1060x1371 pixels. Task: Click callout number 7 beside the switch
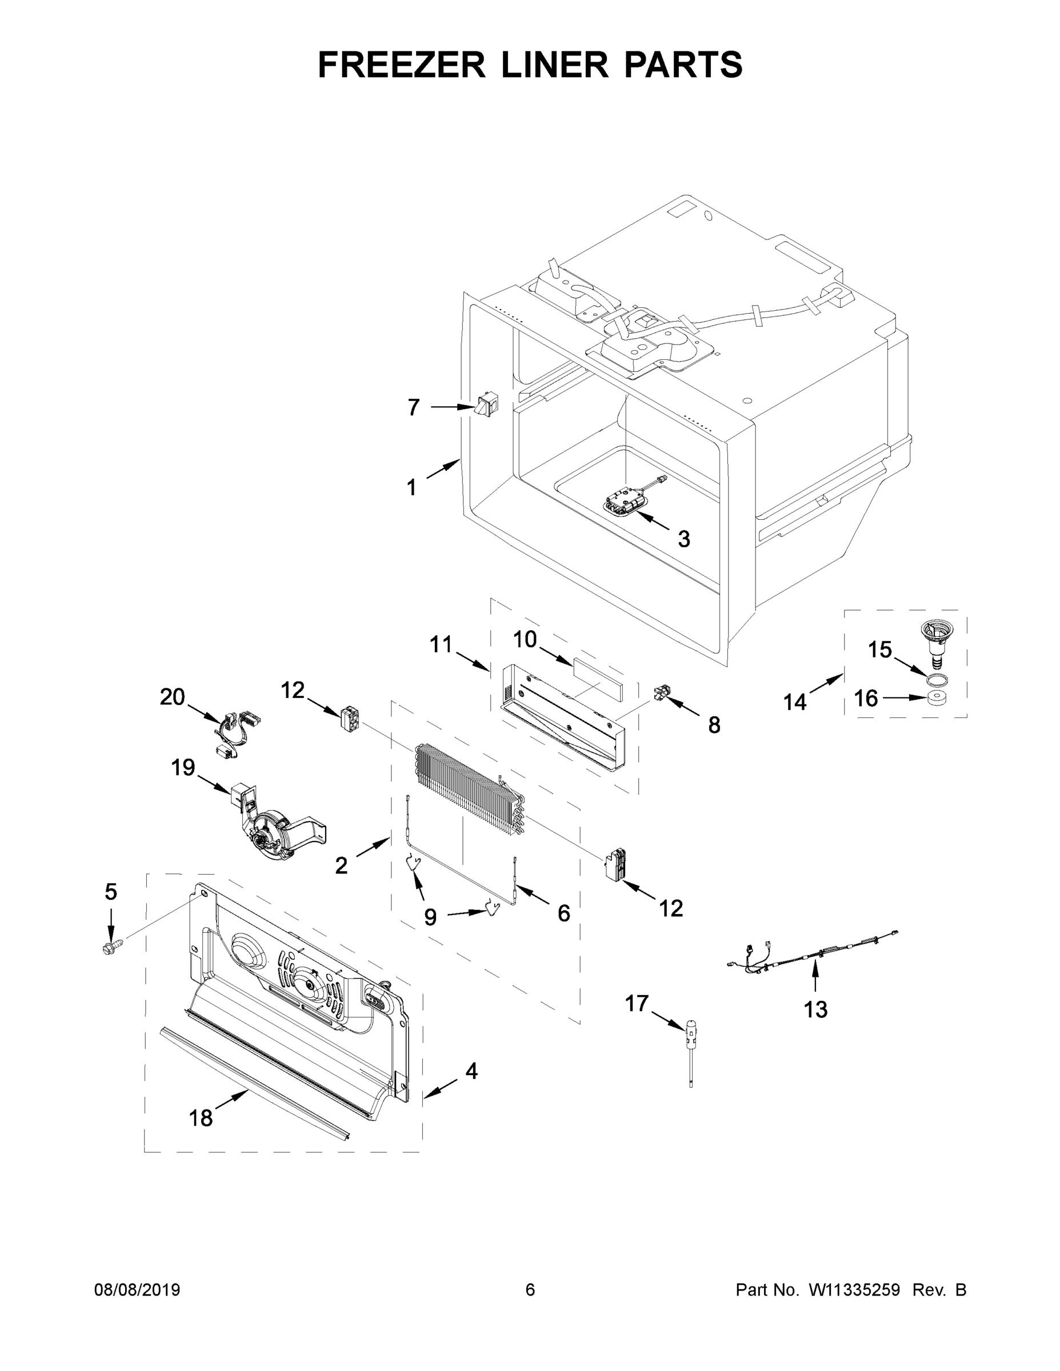click(x=413, y=408)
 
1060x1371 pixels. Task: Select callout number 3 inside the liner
click(x=684, y=539)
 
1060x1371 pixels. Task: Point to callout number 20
click(x=172, y=697)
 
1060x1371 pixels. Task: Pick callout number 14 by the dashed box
click(x=794, y=703)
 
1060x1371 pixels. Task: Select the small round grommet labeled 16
click(x=937, y=699)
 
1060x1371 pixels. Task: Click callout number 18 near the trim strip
click(x=201, y=1118)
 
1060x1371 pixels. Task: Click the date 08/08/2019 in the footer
click(x=137, y=1290)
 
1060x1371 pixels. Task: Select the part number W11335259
click(x=854, y=1290)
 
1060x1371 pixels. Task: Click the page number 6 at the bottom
click(x=530, y=1290)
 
